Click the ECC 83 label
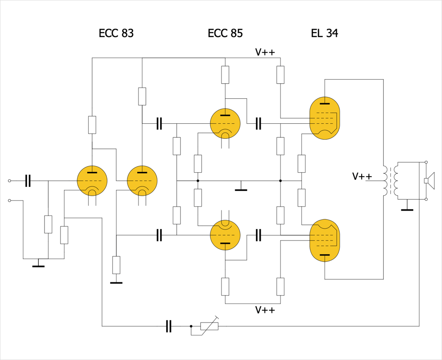(x=116, y=33)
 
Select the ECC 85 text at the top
(x=225, y=33)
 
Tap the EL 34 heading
(x=324, y=33)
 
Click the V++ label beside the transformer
(x=362, y=177)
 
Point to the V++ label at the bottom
(x=265, y=310)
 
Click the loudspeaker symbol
(x=429, y=181)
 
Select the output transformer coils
(x=391, y=181)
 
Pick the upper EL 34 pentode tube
(x=325, y=118)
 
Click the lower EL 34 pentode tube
(x=325, y=240)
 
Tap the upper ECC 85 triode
(x=225, y=123)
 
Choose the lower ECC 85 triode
(x=225, y=235)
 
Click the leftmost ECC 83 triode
(x=92, y=181)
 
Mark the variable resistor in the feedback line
(x=209, y=326)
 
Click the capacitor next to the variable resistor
(x=168, y=326)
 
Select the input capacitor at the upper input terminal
(x=28, y=181)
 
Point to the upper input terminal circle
(x=10, y=181)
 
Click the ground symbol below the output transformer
(x=407, y=209)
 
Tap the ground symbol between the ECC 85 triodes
(x=241, y=189)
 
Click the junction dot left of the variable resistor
(x=191, y=326)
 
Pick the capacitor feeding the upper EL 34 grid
(x=258, y=124)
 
